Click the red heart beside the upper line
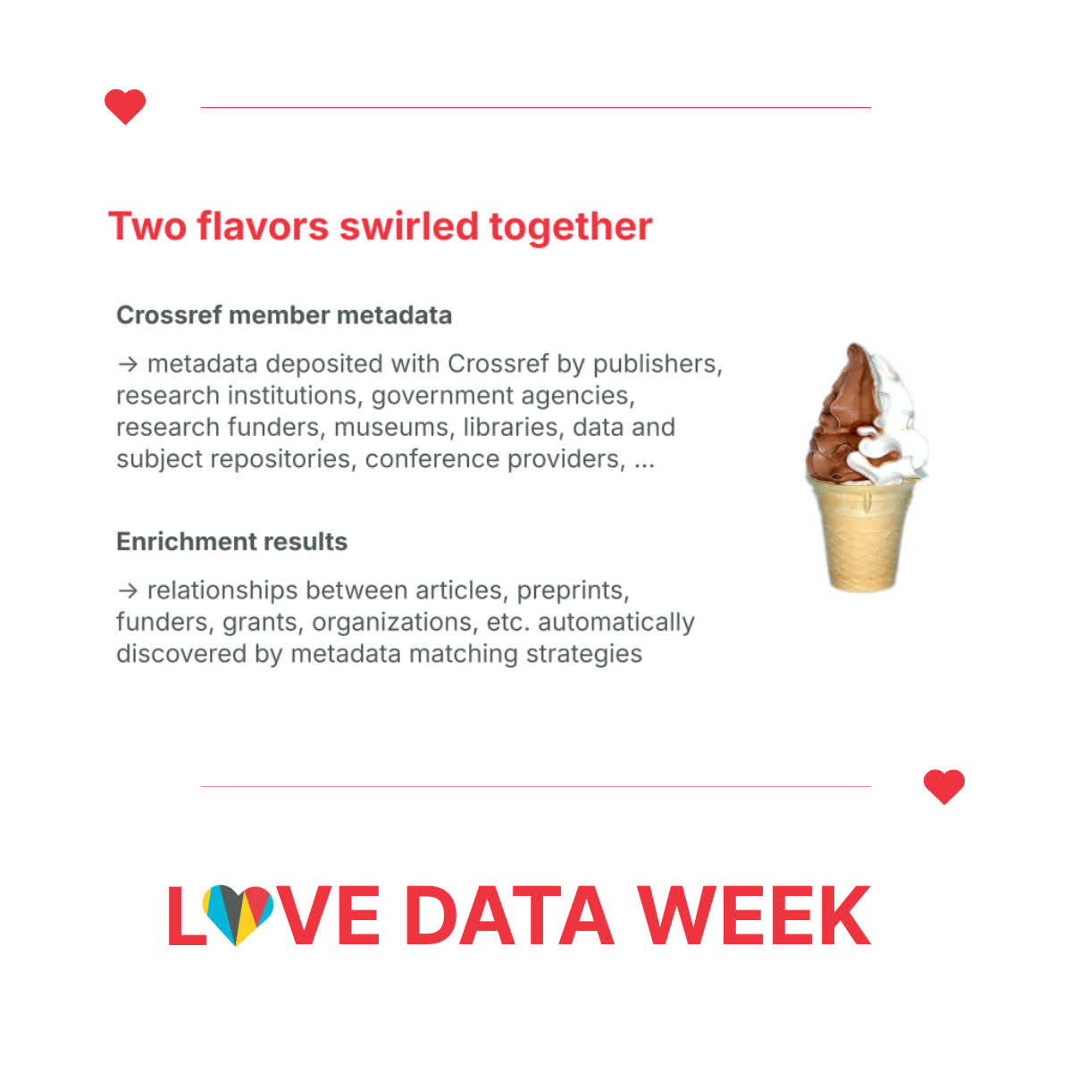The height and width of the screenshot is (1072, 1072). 124,105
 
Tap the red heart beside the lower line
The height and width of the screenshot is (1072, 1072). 943,786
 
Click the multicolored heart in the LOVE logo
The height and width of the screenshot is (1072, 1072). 238,914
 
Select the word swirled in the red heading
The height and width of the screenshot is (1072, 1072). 409,226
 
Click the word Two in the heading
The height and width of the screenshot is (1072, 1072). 147,226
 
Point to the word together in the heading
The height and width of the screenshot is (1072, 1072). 571,228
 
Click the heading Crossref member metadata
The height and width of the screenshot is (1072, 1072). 284,314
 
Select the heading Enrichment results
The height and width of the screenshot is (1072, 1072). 231,541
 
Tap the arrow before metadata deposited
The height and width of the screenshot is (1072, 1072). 128,364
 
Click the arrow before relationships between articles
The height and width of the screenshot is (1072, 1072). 128,590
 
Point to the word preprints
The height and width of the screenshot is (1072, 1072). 573,591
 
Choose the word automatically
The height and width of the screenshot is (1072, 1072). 616,623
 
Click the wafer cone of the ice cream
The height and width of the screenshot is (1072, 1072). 862,534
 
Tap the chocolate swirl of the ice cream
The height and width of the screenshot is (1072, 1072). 842,418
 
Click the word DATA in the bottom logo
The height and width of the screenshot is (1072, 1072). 509,916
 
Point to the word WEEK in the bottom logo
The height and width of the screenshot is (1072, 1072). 754,916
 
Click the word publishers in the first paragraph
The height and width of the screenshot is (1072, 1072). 657,365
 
